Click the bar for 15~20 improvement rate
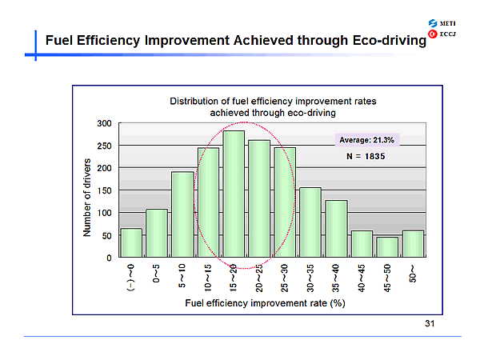click(234, 194)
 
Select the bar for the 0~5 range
click(157, 233)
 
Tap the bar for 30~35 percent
click(310, 222)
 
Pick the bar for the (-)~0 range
click(131, 242)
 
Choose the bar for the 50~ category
click(413, 243)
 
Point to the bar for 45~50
click(387, 246)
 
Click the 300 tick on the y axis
click(104, 123)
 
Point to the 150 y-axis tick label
click(104, 190)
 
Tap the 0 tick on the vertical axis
click(109, 258)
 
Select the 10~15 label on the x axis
click(208, 277)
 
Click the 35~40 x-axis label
click(336, 277)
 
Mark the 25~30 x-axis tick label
click(285, 277)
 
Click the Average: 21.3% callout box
click(366, 140)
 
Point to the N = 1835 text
click(366, 156)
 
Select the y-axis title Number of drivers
click(87, 197)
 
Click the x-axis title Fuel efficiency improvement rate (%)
click(265, 304)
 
